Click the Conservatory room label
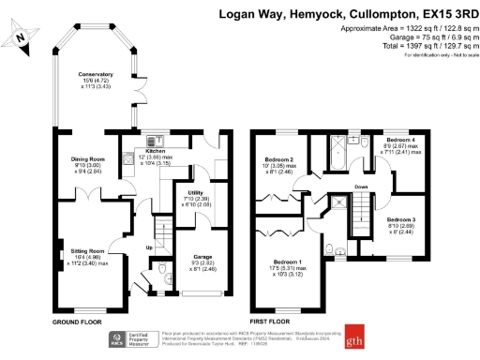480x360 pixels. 96,74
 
